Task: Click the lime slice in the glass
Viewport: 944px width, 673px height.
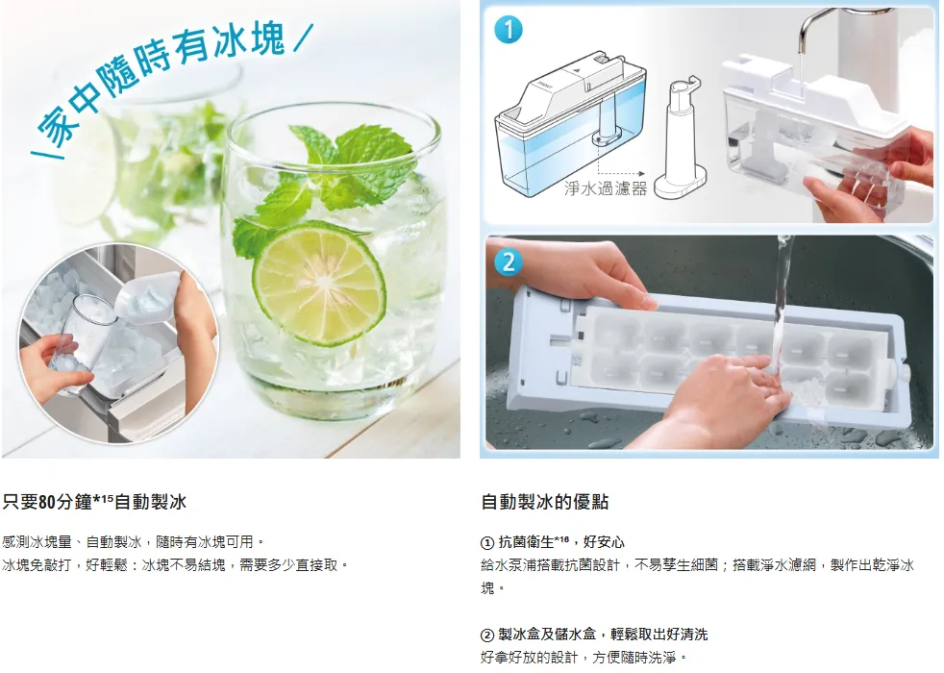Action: pyautogui.click(x=319, y=283)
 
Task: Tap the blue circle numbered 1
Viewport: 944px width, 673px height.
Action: pyautogui.click(x=509, y=30)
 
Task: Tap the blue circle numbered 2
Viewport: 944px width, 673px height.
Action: pyautogui.click(x=509, y=262)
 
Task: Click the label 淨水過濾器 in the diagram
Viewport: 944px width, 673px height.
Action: pyautogui.click(x=606, y=188)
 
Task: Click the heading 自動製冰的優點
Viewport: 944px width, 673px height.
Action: pyautogui.click(x=545, y=502)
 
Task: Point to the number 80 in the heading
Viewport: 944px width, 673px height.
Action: pyautogui.click(x=47, y=502)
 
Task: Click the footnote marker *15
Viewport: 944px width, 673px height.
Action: pyautogui.click(x=103, y=498)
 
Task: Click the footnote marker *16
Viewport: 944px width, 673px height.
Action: pyautogui.click(x=561, y=538)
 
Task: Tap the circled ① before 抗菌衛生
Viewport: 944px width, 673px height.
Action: pyautogui.click(x=487, y=543)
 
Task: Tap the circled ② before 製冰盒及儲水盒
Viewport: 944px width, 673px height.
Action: pyautogui.click(x=487, y=636)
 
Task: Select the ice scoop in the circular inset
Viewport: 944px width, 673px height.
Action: pyautogui.click(x=144, y=298)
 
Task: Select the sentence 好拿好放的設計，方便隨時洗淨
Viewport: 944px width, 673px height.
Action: pyautogui.click(x=584, y=658)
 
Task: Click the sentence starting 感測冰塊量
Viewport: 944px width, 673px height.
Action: pyautogui.click(x=133, y=542)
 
